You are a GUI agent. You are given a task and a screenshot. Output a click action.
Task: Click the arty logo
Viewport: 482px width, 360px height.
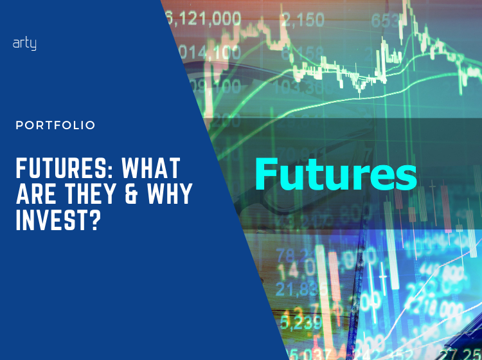24,44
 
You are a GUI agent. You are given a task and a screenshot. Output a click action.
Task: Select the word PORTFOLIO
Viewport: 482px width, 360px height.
55,125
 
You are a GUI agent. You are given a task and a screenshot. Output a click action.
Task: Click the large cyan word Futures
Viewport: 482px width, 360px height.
335,174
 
